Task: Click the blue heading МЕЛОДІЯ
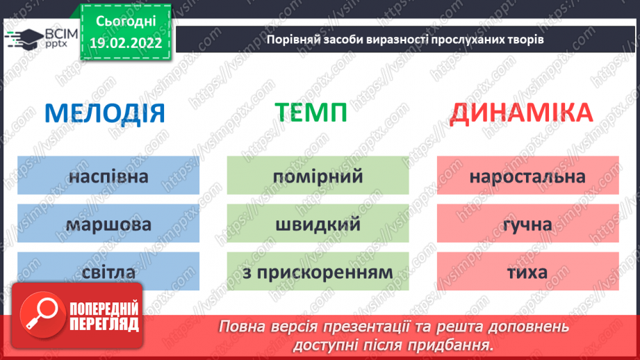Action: click(105, 113)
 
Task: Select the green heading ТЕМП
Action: click(310, 113)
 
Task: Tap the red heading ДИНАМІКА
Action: click(521, 113)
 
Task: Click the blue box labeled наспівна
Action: click(108, 176)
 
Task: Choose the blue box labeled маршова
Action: click(108, 224)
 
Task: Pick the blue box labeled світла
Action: click(108, 272)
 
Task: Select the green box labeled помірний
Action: click(318, 176)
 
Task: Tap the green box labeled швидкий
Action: click(318, 224)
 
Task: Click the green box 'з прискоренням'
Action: click(318, 272)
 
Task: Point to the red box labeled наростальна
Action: click(527, 176)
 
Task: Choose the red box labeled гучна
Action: click(527, 224)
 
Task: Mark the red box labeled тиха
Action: click(527, 272)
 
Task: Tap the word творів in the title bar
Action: click(525, 39)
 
